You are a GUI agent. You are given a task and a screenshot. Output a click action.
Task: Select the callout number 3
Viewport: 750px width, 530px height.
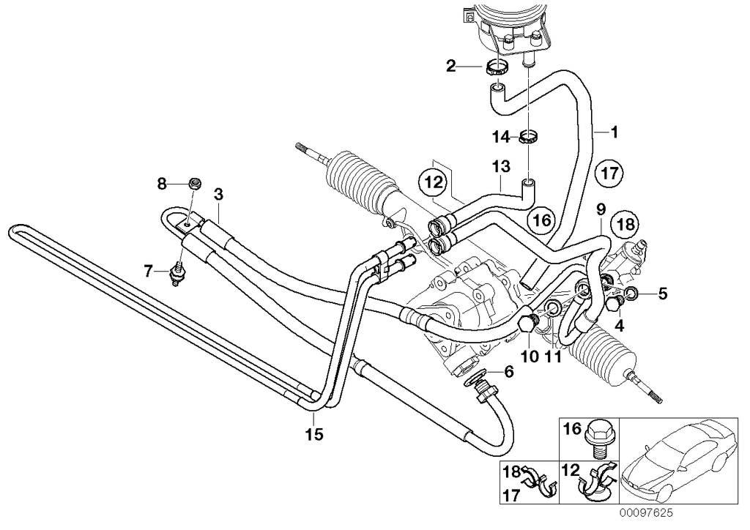(218, 194)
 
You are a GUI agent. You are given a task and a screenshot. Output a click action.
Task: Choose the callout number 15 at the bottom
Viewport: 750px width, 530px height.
(313, 436)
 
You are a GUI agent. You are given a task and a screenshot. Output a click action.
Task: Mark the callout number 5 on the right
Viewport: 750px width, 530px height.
(662, 294)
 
